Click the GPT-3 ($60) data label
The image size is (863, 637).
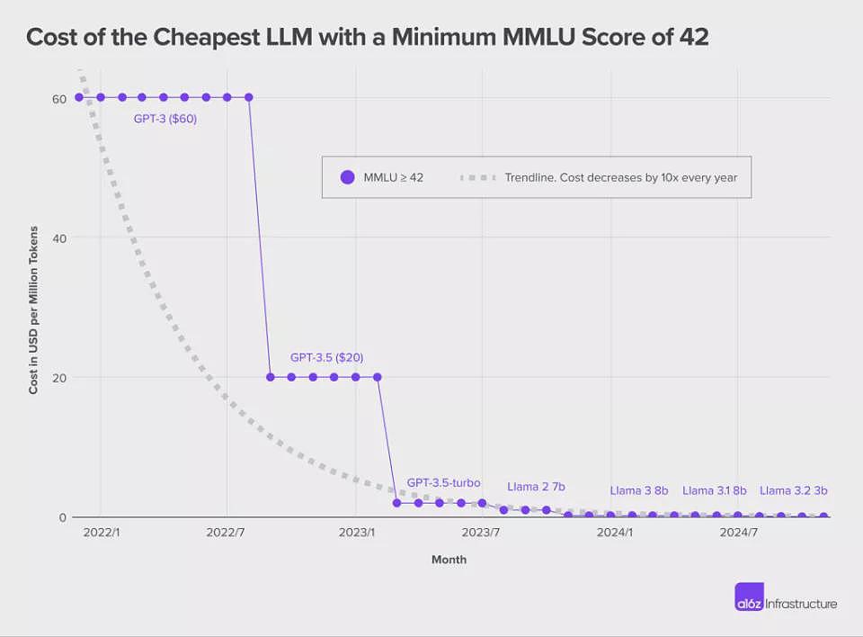point(165,119)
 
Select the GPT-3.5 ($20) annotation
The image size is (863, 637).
point(327,357)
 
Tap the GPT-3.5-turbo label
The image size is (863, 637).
point(443,483)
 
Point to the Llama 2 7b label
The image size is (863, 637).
point(536,487)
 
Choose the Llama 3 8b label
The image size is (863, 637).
point(639,490)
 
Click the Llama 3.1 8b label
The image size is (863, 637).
point(715,490)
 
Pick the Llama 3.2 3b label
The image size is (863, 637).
point(794,490)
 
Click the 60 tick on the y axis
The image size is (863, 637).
point(59,99)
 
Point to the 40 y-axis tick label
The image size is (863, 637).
point(59,238)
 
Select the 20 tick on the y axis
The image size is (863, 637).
point(59,378)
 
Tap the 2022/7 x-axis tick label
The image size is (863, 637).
point(226,533)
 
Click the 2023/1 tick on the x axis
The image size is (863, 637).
point(357,533)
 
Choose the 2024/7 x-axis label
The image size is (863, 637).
point(739,533)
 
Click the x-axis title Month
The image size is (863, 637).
point(449,560)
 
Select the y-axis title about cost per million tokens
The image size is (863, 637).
point(33,310)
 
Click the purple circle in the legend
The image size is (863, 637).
point(347,177)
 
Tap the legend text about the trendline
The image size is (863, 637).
point(621,177)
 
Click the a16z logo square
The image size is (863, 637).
point(749,597)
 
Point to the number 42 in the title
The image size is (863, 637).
point(694,37)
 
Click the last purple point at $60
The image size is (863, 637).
point(248,97)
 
